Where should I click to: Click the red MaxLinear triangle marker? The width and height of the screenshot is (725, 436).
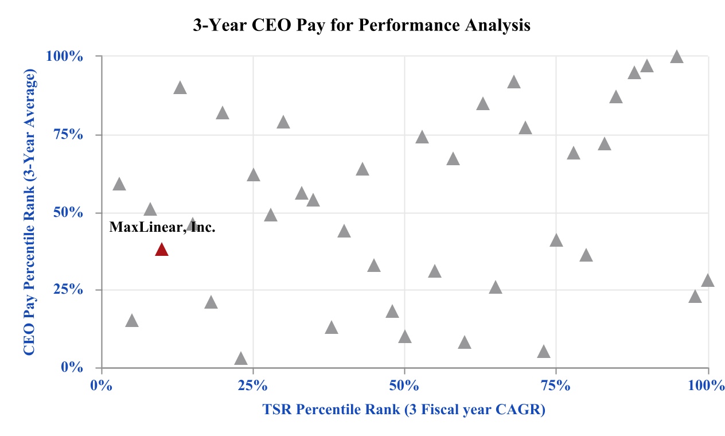(161, 250)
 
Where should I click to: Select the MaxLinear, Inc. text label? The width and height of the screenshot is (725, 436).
(162, 227)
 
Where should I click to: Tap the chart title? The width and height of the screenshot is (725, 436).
(361, 26)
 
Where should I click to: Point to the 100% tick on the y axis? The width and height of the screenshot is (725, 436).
(68, 57)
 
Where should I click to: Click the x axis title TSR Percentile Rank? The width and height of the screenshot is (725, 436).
(403, 410)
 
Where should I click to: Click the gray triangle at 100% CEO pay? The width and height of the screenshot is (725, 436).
(677, 56)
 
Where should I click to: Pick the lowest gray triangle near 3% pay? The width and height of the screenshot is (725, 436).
(241, 359)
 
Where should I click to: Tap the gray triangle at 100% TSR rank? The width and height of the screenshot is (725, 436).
(707, 281)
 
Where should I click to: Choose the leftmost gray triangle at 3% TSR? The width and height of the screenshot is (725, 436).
(119, 184)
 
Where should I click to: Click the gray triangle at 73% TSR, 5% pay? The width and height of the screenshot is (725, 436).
(544, 352)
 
